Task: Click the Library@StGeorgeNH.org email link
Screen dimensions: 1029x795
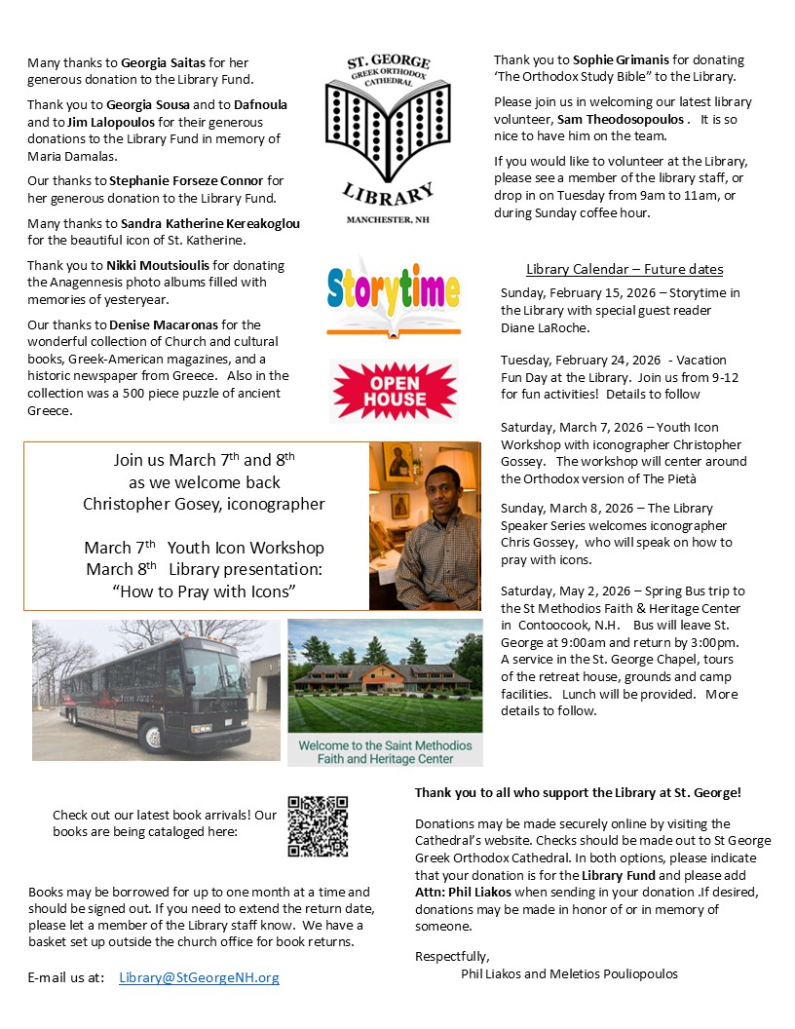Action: click(199, 977)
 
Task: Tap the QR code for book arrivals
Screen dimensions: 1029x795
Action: click(318, 826)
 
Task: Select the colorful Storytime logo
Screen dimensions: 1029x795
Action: click(393, 292)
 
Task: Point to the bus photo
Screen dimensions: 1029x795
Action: click(155, 690)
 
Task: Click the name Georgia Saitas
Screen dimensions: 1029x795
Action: click(162, 62)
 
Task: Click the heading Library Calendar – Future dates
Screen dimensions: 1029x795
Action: click(625, 269)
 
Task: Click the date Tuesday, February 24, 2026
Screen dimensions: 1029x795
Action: click(580, 361)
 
